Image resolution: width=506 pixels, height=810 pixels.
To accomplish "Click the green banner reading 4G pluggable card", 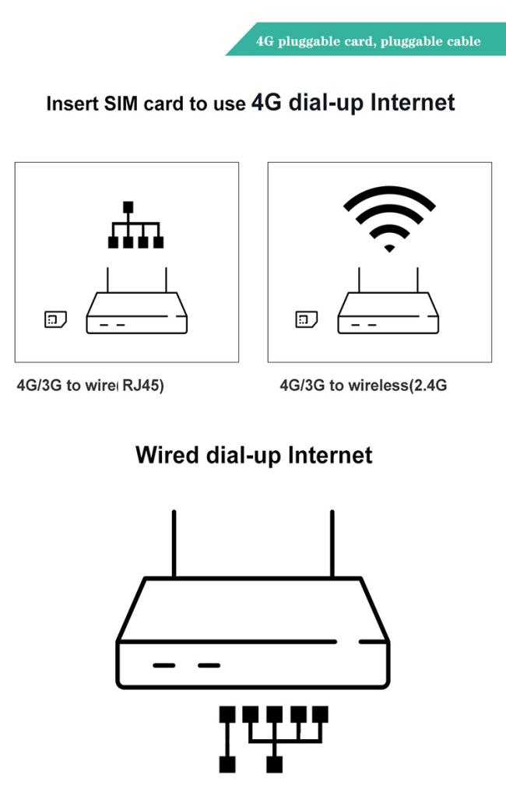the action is [367, 39].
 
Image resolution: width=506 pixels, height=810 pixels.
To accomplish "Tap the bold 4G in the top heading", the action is [266, 102].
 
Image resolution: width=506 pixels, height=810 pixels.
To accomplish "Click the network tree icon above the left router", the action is [135, 225].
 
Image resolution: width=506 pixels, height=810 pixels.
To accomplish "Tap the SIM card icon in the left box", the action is [55, 319].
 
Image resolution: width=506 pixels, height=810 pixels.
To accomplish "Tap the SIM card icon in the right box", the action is [306, 319].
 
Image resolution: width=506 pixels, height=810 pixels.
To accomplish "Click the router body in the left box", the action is [137, 313].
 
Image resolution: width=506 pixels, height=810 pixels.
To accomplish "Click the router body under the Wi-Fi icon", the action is [388, 313].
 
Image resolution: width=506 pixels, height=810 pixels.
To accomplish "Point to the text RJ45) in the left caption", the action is [142, 386].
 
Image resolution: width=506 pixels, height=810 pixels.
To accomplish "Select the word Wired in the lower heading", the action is [167, 455].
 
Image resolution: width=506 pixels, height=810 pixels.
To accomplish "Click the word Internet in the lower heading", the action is [330, 455].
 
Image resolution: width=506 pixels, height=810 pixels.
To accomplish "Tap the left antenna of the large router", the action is [174, 544].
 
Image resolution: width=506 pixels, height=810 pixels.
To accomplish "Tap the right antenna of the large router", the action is [332, 544].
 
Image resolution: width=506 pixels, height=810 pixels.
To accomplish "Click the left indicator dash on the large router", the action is [164, 665].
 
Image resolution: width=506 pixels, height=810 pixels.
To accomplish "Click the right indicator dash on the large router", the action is [209, 665].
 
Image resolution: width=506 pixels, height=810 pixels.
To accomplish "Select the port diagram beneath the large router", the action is [274, 739].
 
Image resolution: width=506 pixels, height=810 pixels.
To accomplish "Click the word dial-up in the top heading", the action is [326, 103].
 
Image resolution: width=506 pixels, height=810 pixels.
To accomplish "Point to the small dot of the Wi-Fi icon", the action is [390, 248].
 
